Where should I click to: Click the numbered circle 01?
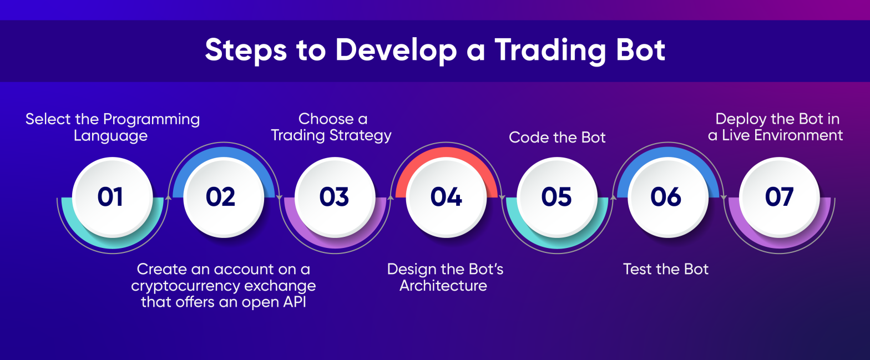pyautogui.click(x=113, y=197)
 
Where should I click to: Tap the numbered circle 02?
pyautogui.click(x=224, y=197)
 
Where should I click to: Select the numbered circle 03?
pyautogui.click(x=335, y=197)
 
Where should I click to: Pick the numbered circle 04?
pyautogui.click(x=446, y=197)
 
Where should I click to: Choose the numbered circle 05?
pyautogui.click(x=557, y=197)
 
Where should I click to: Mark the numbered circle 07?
pyautogui.click(x=779, y=197)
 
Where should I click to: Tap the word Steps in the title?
pyautogui.click(x=245, y=50)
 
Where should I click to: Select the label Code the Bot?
pyautogui.click(x=557, y=137)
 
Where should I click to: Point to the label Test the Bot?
pyautogui.click(x=666, y=269)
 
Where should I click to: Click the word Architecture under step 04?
pyautogui.click(x=443, y=286)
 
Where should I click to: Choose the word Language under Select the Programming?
pyautogui.click(x=111, y=136)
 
